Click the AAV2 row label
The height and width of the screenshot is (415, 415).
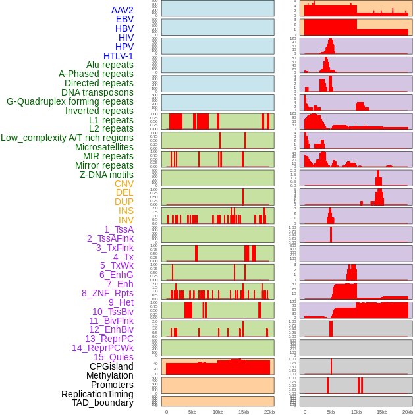pos(123,10)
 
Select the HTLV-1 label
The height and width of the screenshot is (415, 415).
pos(119,56)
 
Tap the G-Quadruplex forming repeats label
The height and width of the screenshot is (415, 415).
pos(70,101)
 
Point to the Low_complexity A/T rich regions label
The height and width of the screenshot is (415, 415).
pos(67,138)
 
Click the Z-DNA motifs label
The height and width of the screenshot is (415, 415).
pos(107,175)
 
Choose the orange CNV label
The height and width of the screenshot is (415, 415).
pos(124,184)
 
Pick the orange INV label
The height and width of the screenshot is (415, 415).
pos(126,220)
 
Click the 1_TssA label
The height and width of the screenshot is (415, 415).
pos(119,229)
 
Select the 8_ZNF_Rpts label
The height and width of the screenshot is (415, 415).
pos(107,293)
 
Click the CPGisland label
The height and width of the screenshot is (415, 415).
pos(111,366)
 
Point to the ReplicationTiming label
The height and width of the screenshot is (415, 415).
pos(97,394)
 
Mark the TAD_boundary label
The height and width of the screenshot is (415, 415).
pos(103,402)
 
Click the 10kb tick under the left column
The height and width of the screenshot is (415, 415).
pos(218,412)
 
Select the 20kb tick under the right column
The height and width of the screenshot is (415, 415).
pos(408,412)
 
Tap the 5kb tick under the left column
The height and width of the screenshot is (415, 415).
pos(192,412)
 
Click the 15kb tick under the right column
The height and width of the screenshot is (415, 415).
pos(382,412)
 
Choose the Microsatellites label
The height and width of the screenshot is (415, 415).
pos(104,147)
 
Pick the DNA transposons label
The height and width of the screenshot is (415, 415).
pos(97,92)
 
